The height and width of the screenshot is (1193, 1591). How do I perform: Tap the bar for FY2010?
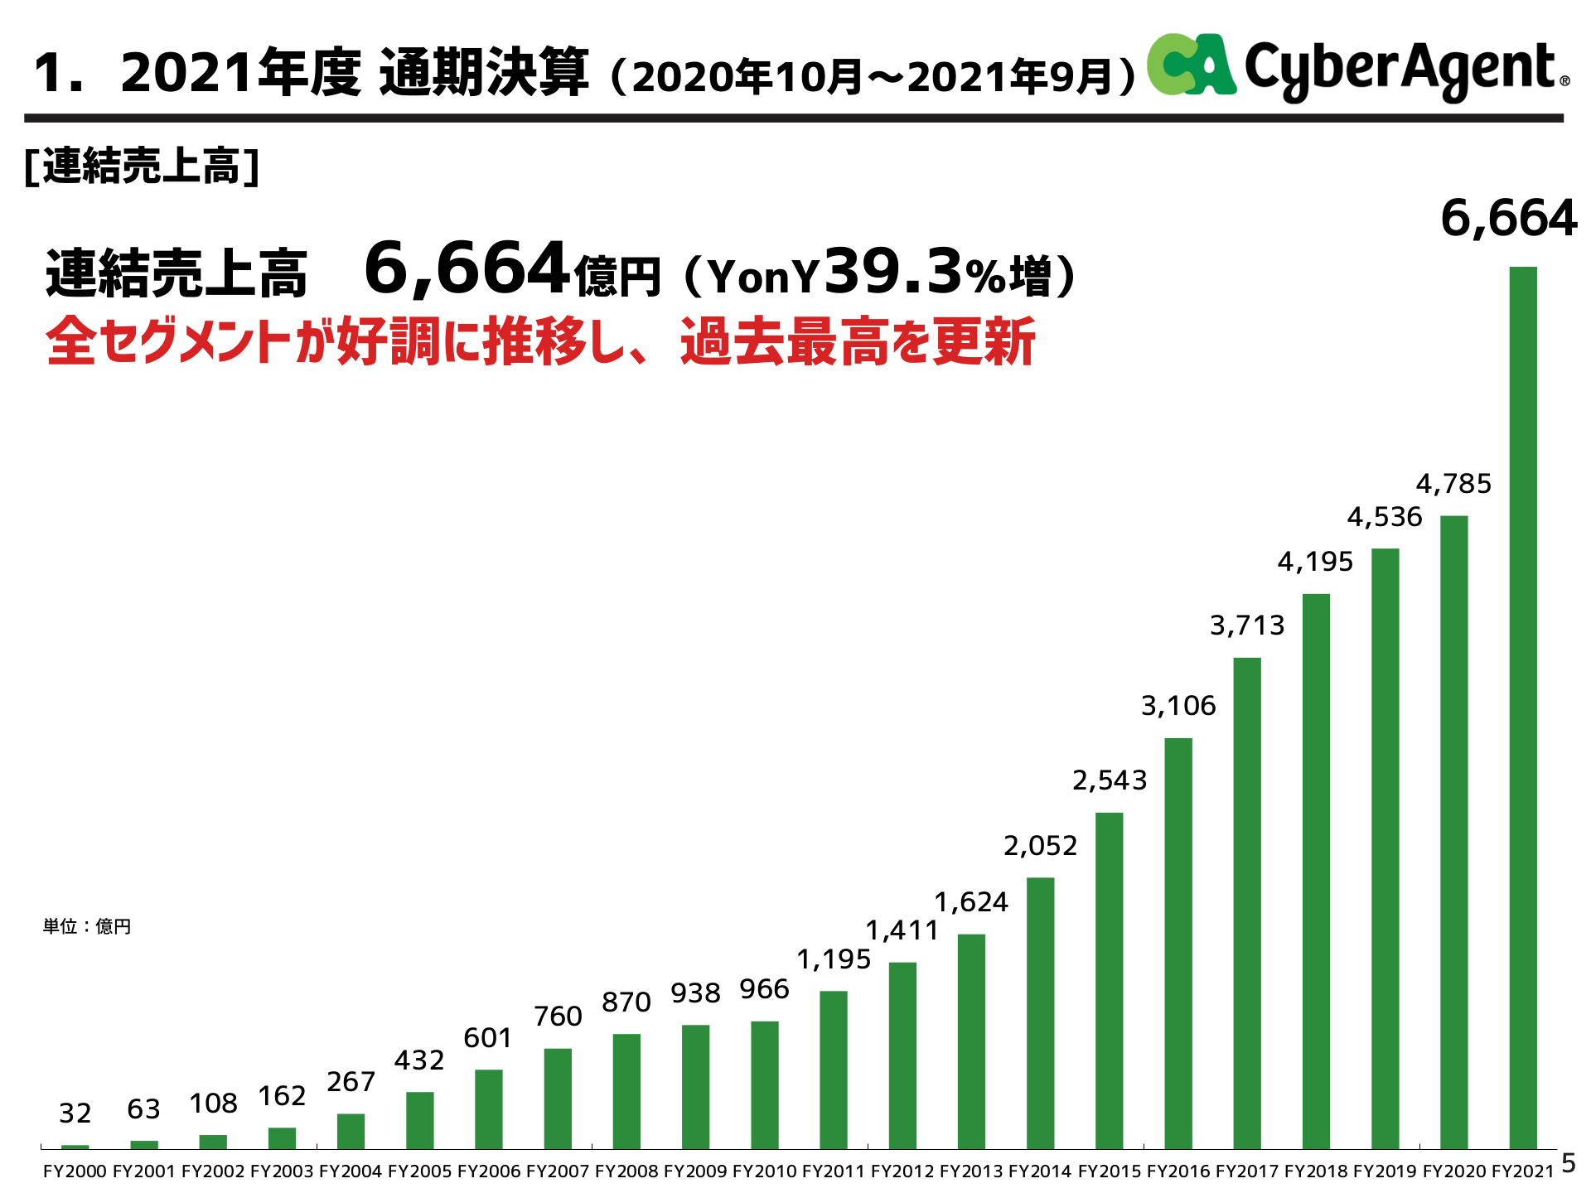764,1084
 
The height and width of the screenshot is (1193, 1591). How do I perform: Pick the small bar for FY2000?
75,1146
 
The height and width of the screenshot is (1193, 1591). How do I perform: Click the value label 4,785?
1453,484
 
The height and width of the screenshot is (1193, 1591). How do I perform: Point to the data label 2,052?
1040,846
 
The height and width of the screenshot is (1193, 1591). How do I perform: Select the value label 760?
558,1017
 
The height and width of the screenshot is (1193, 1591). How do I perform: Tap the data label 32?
75,1113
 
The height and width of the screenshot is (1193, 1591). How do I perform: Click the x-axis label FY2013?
971,1171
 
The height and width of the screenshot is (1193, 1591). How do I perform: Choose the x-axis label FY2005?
419,1171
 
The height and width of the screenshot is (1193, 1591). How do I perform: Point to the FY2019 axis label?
1385,1171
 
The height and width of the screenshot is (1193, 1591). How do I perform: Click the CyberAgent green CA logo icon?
1191,65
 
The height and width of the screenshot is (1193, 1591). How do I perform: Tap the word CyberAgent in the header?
1400,69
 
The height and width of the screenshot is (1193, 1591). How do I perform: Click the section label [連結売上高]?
142,166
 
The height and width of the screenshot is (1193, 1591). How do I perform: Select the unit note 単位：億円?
87,926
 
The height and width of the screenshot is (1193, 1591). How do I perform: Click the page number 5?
1569,1163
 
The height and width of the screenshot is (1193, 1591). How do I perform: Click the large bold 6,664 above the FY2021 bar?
1508,219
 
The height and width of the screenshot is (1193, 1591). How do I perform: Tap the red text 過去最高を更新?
858,342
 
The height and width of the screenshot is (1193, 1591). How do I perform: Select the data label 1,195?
834,959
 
